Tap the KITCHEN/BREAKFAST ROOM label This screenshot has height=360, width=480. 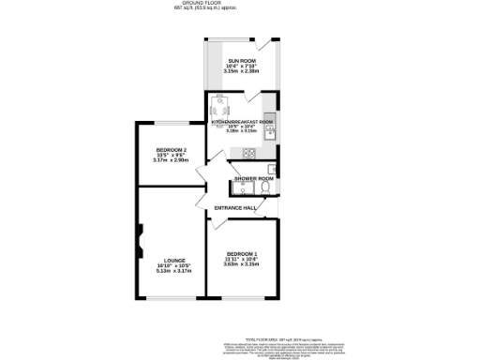pos(242,122)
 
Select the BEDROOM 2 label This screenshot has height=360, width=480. pos(171,151)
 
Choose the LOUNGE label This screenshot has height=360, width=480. pos(174,261)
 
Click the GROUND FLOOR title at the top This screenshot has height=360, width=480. pos(240,4)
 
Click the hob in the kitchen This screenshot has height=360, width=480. pos(249,153)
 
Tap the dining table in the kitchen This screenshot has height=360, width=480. pos(221,105)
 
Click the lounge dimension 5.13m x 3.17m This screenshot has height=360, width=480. pos(174,271)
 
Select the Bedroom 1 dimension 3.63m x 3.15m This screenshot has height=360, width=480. pos(242,264)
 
